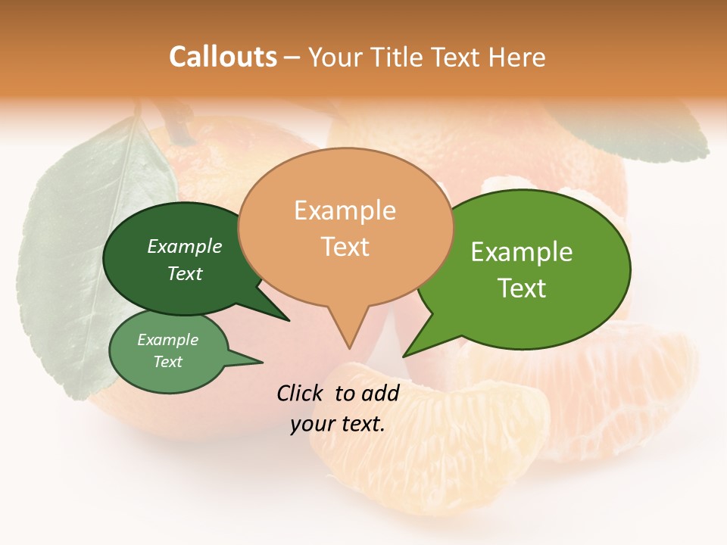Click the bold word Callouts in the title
pyautogui.click(x=223, y=57)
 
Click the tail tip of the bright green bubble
pyautogui.click(x=404, y=355)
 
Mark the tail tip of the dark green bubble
pyautogui.click(x=289, y=320)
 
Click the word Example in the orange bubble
pyautogui.click(x=345, y=210)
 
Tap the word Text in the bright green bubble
pyautogui.click(x=522, y=288)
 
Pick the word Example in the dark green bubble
pyautogui.click(x=185, y=246)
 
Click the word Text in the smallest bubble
pyautogui.click(x=168, y=362)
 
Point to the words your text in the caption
pyautogui.click(x=338, y=424)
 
